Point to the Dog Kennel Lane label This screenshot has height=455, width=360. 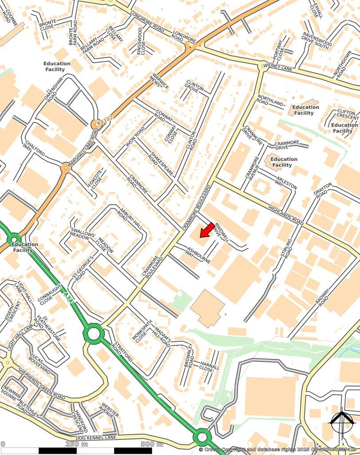point(96,438)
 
